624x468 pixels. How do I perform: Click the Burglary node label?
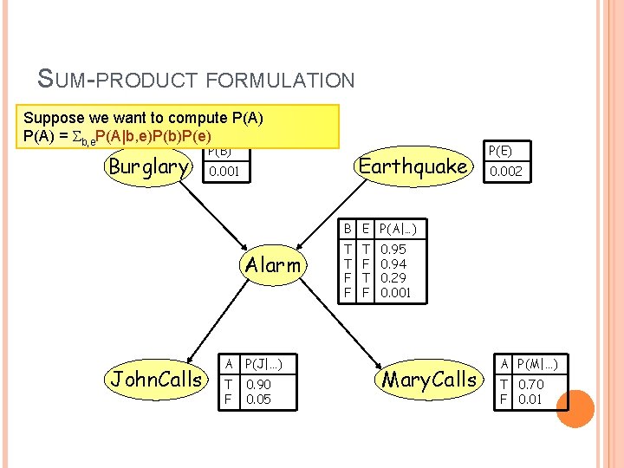coord(148,166)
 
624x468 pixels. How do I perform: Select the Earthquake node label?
coord(413,166)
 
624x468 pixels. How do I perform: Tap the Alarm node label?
coord(273,264)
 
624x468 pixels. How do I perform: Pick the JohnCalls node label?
coord(156,379)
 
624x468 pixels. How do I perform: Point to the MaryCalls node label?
coord(430,379)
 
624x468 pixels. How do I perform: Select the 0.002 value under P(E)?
coord(506,172)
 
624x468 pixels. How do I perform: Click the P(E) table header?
coord(501,150)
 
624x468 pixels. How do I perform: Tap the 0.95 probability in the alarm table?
coord(394,250)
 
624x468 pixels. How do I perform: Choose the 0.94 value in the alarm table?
coord(394,264)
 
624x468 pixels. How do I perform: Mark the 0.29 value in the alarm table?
coord(394,278)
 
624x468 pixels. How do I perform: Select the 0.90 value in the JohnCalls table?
coord(259,385)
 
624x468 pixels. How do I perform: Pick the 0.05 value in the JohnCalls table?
coord(259,400)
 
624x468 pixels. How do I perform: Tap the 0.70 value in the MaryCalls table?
coord(532,385)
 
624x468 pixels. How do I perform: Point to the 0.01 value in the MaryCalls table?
coord(532,400)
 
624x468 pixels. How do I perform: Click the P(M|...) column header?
coord(537,363)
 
